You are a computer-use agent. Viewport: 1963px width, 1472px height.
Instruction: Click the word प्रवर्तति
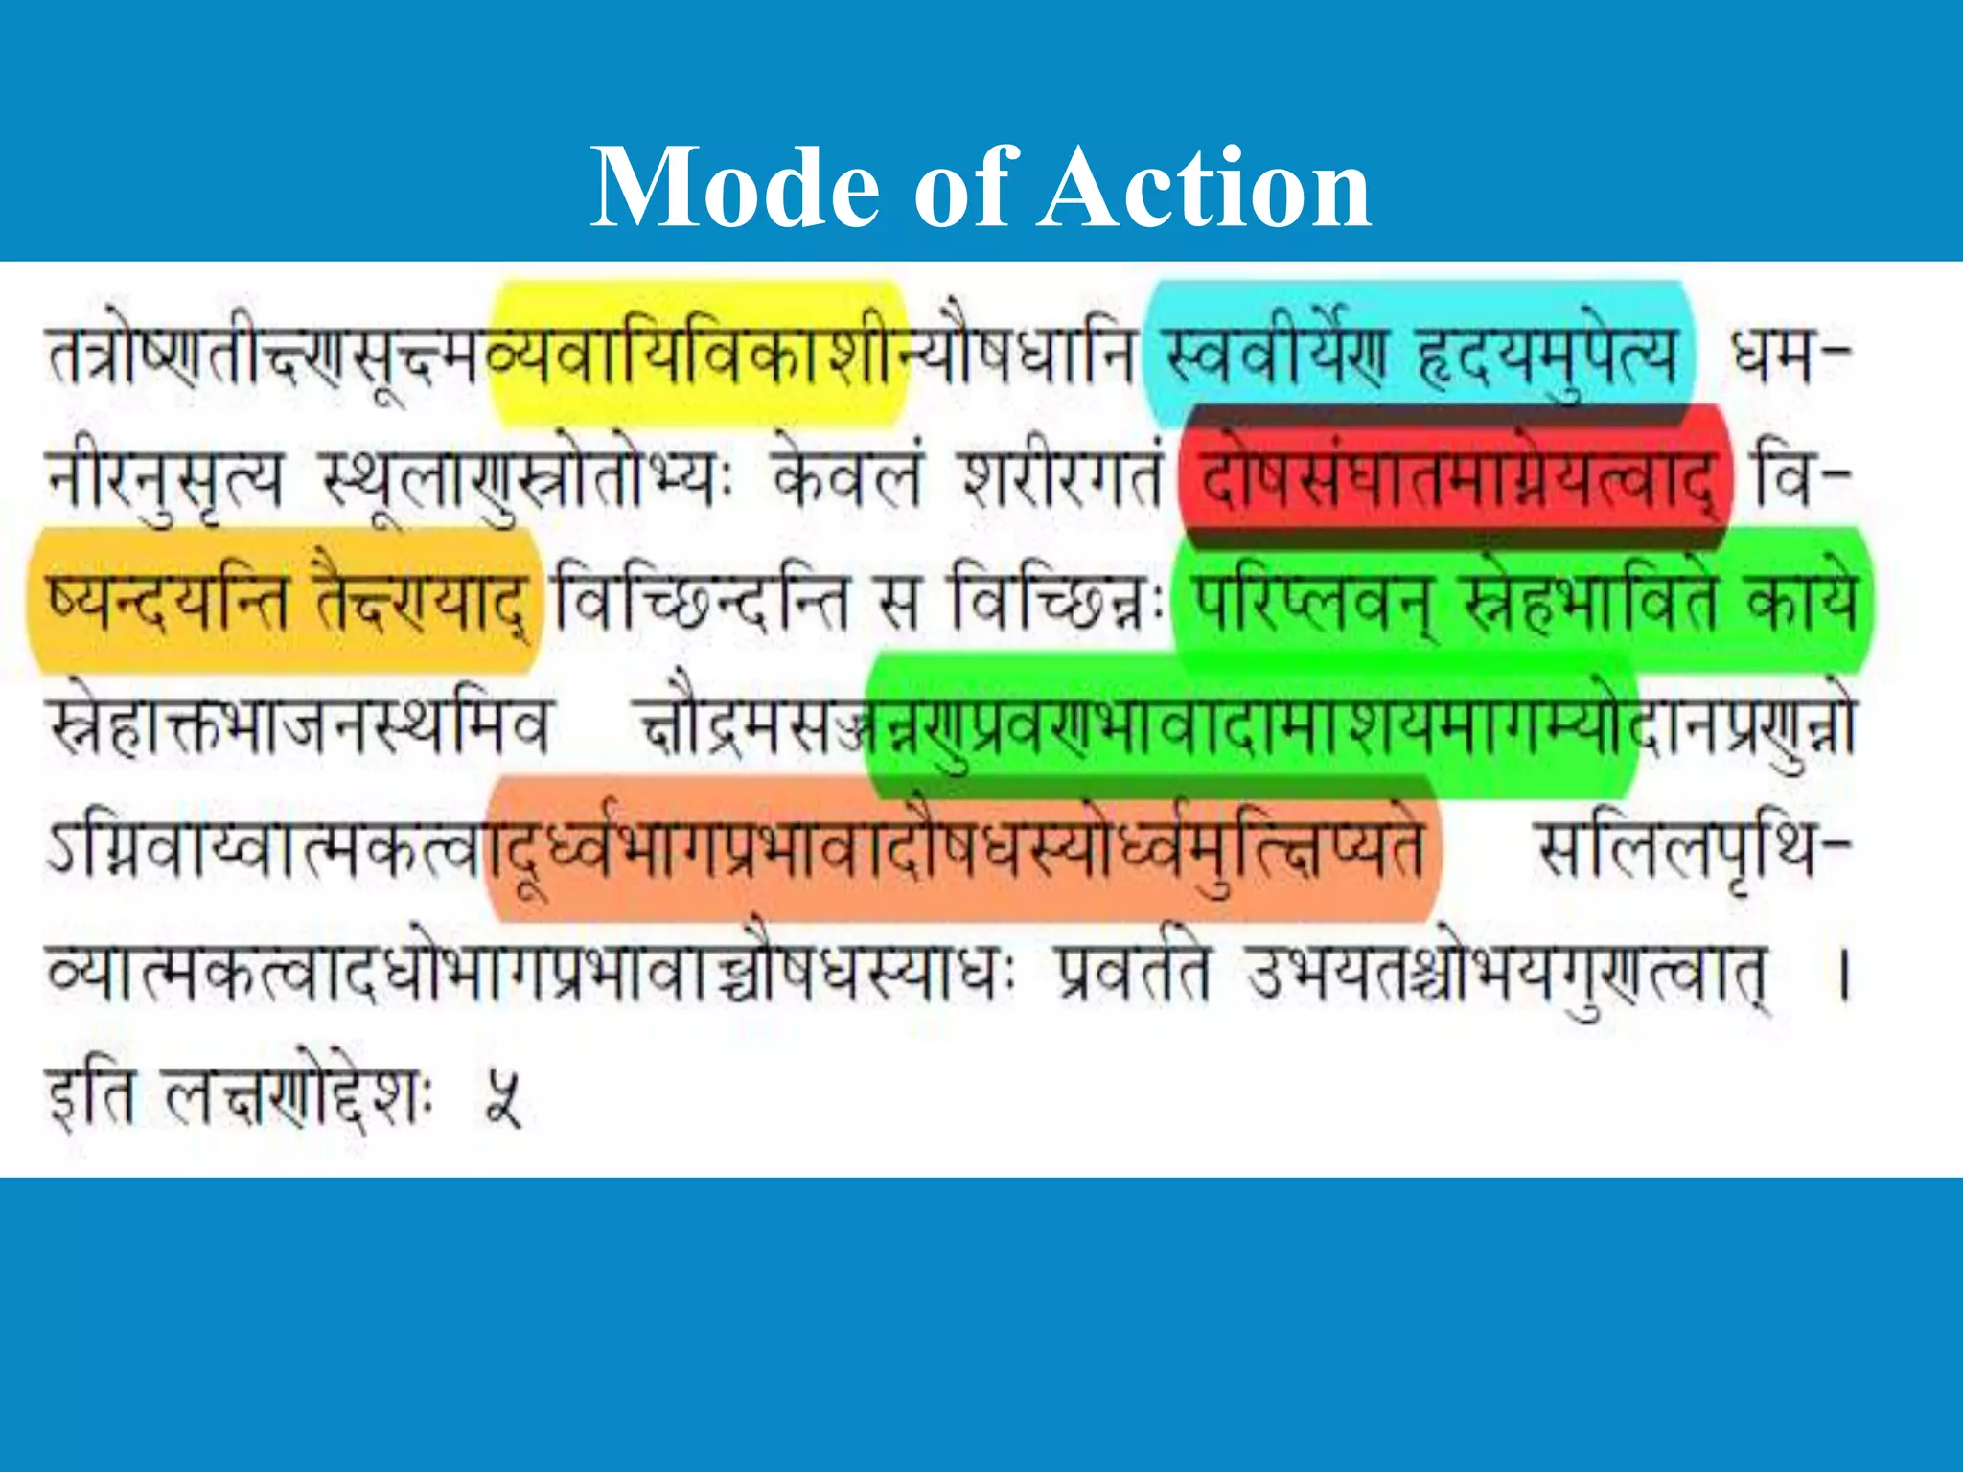coord(1135,970)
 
